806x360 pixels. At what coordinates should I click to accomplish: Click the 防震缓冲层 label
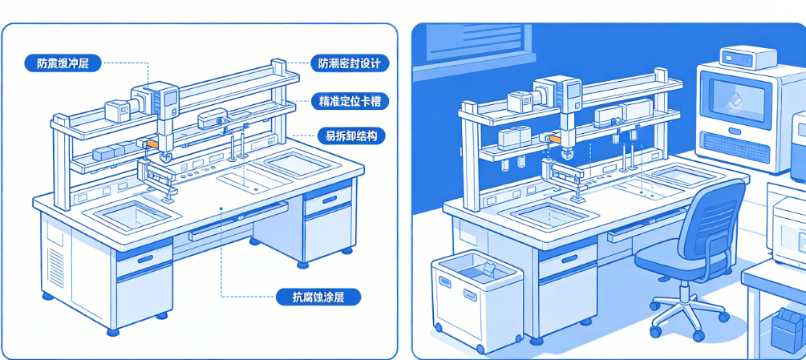coord(63,63)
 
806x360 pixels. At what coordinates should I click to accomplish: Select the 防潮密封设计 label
coord(350,63)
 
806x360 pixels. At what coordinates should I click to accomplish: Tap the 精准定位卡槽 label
coord(350,101)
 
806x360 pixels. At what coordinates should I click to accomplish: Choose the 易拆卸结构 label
coord(351,136)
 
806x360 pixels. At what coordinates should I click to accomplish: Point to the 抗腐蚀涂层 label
coord(318,297)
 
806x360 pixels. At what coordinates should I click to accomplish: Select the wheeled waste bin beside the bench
coord(477,300)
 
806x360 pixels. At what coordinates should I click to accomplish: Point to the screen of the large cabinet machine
coord(736,101)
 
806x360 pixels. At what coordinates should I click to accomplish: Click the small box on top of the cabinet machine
coord(748,57)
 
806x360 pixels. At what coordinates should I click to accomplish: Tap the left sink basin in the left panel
coord(132,215)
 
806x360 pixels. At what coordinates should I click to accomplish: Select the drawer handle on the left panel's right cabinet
coord(329,199)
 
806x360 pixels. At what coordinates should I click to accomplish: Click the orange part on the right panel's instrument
coord(553,138)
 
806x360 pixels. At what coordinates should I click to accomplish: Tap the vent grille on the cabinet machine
coord(735,148)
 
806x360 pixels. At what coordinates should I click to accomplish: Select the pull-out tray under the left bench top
coord(237,220)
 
